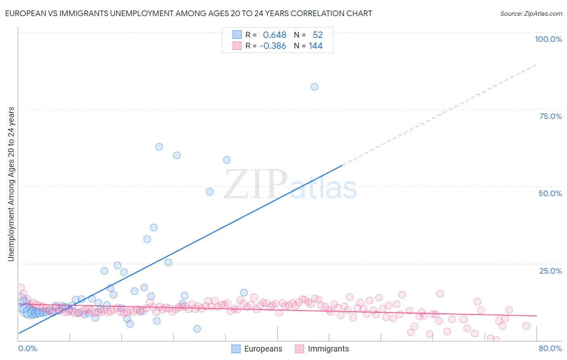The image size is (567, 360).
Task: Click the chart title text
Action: tap(188, 13)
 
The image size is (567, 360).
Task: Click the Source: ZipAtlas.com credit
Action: tap(531, 13)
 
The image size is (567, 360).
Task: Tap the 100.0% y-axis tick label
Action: tap(548, 39)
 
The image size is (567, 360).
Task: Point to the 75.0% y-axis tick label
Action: tap(550, 116)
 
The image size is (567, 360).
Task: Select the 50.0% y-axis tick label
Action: tap(550, 193)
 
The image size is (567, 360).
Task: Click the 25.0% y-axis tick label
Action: tap(550, 270)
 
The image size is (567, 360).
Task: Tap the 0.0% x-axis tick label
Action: tap(27, 348)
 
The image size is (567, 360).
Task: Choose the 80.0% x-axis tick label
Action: tap(550, 348)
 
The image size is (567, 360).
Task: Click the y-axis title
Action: tap(11, 184)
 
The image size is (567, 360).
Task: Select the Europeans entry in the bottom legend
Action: tap(263, 349)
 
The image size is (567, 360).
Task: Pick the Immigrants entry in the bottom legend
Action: tap(328, 349)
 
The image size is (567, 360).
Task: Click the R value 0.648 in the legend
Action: tap(274, 35)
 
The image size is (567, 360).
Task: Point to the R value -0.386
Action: tap(273, 46)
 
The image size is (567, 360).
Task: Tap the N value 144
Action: tap(315, 46)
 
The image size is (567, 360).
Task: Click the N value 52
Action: tap(318, 35)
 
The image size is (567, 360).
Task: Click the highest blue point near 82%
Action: tap(315, 87)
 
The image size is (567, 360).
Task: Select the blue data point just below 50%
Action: tap(210, 192)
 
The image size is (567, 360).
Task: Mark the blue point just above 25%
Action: tap(169, 262)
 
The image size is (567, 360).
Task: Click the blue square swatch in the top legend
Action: tap(237, 35)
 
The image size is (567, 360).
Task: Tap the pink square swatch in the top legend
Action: tap(237, 46)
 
